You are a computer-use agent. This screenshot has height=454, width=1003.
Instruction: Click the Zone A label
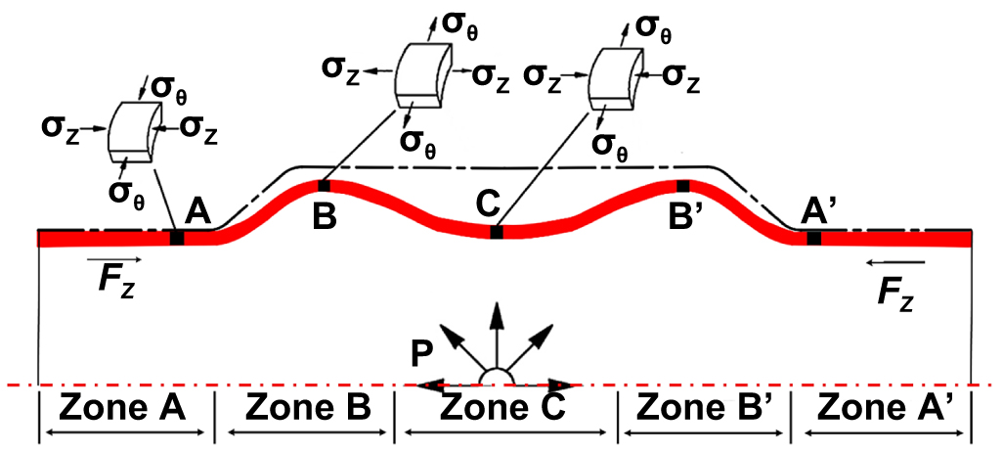(123, 406)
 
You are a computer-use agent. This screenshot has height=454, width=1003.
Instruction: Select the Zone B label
(308, 406)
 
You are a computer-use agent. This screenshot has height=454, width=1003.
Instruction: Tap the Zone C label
(502, 406)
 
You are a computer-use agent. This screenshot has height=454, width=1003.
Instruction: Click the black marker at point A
(177, 238)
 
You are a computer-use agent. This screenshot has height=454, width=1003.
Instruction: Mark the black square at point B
(324, 185)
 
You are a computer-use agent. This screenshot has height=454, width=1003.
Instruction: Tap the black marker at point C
(497, 232)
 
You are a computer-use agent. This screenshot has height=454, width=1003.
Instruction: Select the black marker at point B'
(683, 185)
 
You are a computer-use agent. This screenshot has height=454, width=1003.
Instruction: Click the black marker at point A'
(813, 238)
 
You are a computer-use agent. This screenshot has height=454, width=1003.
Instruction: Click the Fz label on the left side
(115, 280)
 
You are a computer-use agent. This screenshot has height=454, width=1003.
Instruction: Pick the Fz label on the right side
(894, 291)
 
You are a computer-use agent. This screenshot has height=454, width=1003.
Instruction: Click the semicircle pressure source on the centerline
(496, 378)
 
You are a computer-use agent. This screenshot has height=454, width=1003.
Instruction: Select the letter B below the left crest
(325, 215)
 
